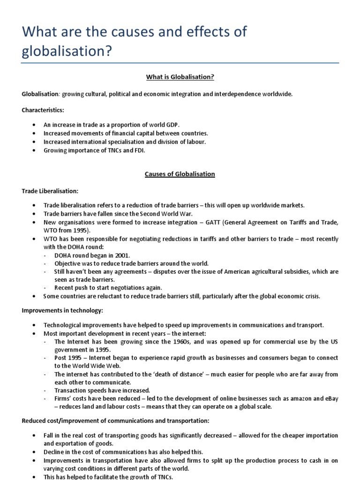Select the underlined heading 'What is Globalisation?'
click(x=180, y=77)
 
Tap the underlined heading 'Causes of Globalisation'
click(x=180, y=174)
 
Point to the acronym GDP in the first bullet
click(x=173, y=125)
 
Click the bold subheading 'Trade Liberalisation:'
click(x=50, y=191)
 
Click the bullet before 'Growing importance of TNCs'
click(x=35, y=150)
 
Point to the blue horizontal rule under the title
click(x=180, y=63)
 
